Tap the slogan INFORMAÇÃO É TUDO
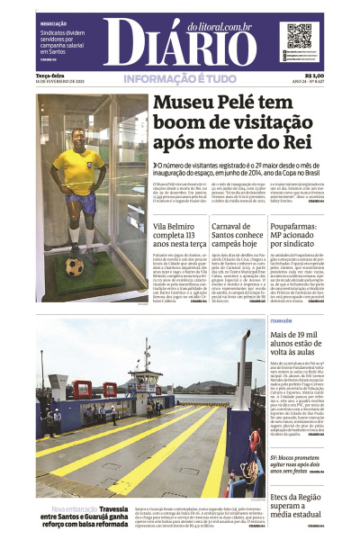tap(180, 80)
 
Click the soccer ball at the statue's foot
tap(75, 267)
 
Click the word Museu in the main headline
tap(193, 105)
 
